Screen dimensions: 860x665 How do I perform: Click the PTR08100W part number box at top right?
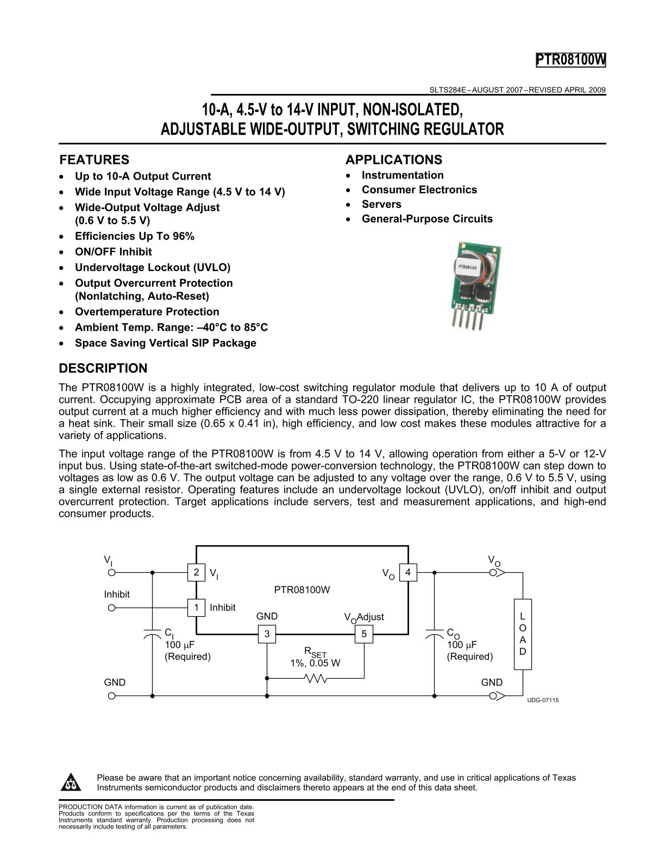click(x=570, y=60)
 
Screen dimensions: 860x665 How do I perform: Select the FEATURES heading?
click(x=94, y=160)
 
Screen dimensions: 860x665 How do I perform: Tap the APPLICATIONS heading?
click(x=393, y=160)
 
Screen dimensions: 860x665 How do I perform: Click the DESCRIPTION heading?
click(x=103, y=368)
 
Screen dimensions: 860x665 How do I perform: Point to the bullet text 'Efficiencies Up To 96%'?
click(x=134, y=236)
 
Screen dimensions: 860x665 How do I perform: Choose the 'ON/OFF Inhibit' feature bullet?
click(x=113, y=252)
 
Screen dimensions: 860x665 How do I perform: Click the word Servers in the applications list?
click(x=381, y=204)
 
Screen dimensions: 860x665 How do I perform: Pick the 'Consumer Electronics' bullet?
click(x=419, y=189)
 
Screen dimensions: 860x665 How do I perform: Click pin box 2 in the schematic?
click(x=196, y=572)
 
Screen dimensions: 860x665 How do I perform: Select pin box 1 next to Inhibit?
click(x=196, y=607)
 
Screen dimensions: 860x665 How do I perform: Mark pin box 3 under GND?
click(x=267, y=634)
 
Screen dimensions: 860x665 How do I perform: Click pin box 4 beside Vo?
click(x=408, y=572)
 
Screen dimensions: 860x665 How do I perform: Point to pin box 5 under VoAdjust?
click(x=364, y=634)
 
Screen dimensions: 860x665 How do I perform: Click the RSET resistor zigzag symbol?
click(x=316, y=678)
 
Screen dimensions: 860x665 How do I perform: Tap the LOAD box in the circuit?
click(x=523, y=634)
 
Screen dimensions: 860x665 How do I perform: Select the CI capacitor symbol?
click(x=152, y=634)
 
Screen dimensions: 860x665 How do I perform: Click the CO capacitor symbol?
click(x=434, y=634)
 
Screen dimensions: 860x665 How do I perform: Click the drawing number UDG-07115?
click(x=543, y=700)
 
